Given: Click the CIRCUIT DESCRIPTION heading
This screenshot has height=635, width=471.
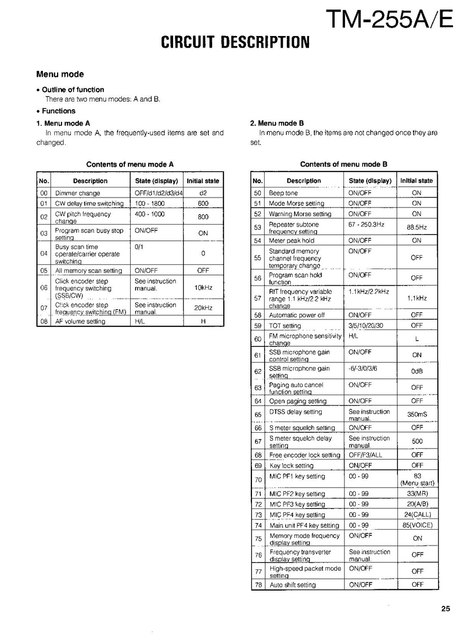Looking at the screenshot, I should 235,42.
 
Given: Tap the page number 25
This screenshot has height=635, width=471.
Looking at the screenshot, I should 446,609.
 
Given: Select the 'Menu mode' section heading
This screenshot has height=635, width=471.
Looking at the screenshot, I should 60,74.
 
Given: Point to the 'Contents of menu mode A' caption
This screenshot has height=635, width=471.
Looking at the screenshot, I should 130,164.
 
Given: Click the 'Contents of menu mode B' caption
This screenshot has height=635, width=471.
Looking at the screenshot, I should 343,164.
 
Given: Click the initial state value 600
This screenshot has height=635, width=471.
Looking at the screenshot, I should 203,203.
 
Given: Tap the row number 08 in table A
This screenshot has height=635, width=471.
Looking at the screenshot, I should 44,321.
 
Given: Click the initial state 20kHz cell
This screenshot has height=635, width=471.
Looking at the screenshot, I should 203,308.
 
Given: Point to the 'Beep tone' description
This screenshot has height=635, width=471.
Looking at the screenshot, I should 283,193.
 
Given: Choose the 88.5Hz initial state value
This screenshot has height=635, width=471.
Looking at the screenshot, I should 416,227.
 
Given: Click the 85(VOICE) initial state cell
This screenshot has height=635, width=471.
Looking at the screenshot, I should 417,525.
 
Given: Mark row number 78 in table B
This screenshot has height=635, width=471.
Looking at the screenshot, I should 258,585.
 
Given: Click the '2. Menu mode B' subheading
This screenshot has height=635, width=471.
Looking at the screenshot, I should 277,123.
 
